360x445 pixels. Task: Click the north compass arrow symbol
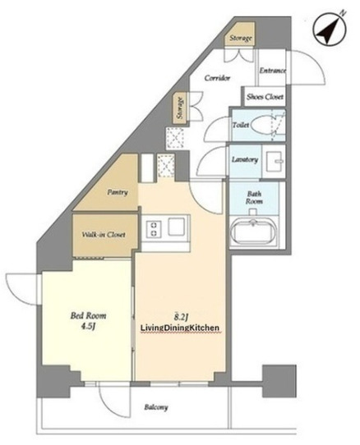click(x=330, y=30)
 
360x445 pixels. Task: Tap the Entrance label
click(x=273, y=71)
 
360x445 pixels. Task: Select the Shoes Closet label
click(x=265, y=97)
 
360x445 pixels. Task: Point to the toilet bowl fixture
click(x=262, y=125)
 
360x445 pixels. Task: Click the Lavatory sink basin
click(x=274, y=161)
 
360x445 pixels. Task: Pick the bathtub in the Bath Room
click(x=252, y=232)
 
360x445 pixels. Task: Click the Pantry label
click(x=118, y=192)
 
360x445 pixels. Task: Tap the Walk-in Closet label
click(x=104, y=235)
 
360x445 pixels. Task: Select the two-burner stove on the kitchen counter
click(x=154, y=229)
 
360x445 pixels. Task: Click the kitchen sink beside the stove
click(x=176, y=227)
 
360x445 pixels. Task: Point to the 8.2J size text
click(x=182, y=316)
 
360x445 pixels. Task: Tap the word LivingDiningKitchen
click(x=180, y=328)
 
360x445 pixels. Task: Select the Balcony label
click(x=156, y=407)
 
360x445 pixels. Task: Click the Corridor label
click(x=217, y=78)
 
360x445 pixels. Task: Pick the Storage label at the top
click(x=241, y=38)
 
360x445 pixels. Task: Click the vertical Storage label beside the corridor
click(x=180, y=108)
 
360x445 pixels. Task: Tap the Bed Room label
click(x=89, y=316)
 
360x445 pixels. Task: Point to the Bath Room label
click(x=254, y=198)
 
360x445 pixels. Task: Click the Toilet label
click(x=241, y=125)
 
